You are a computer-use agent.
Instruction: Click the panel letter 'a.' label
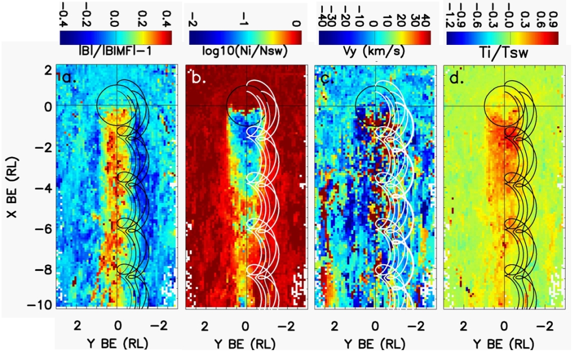pos(69,77)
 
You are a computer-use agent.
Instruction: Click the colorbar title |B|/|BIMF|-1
pos(114,52)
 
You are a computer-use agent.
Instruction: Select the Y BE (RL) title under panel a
pos(118,340)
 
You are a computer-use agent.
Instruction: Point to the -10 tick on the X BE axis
pos(44,305)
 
